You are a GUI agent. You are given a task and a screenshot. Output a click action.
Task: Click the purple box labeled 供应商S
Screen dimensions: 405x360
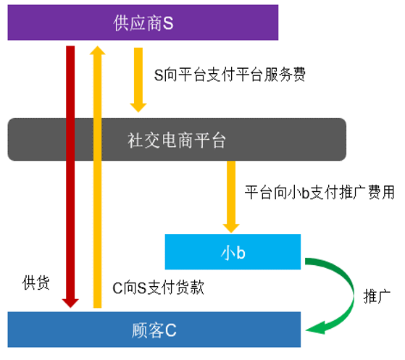pos(143,22)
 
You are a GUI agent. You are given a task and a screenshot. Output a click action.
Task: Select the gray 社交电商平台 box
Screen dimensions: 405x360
pos(177,140)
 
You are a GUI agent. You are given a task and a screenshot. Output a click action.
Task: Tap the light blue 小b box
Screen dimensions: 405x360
pos(233,252)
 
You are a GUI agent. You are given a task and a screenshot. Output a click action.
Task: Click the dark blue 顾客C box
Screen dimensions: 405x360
pos(154,330)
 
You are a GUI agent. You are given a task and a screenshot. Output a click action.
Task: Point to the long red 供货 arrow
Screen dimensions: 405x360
pos(70,177)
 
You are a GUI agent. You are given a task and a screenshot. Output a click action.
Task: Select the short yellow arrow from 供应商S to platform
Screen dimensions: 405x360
pos(138,80)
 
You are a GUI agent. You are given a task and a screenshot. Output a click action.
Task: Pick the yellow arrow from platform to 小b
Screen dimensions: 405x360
pos(231,197)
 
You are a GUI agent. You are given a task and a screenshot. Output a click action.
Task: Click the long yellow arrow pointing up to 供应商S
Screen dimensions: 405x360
pos(97,177)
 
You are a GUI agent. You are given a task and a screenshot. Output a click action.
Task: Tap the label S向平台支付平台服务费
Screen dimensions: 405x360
pos(230,75)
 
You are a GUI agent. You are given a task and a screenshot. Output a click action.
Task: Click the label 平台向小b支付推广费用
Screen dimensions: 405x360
pos(320,193)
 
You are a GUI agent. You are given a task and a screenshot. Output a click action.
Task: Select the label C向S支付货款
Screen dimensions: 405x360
pos(159,288)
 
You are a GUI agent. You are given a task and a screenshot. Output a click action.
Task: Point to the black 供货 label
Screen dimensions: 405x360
pos(36,282)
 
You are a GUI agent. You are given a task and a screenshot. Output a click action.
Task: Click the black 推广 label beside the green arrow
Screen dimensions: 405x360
pos(377,296)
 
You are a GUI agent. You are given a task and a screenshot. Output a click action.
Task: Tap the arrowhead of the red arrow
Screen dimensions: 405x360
pos(70,304)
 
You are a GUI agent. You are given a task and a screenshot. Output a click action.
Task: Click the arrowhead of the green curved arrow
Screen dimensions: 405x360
pos(315,328)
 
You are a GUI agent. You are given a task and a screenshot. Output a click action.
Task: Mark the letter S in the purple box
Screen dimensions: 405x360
pos(168,23)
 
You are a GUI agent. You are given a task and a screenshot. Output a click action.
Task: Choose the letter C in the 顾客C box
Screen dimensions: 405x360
pos(171,330)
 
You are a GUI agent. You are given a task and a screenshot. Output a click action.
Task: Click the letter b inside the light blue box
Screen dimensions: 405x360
pos(241,253)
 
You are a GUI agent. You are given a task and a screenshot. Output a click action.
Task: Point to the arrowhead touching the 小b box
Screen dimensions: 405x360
pos(231,229)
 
